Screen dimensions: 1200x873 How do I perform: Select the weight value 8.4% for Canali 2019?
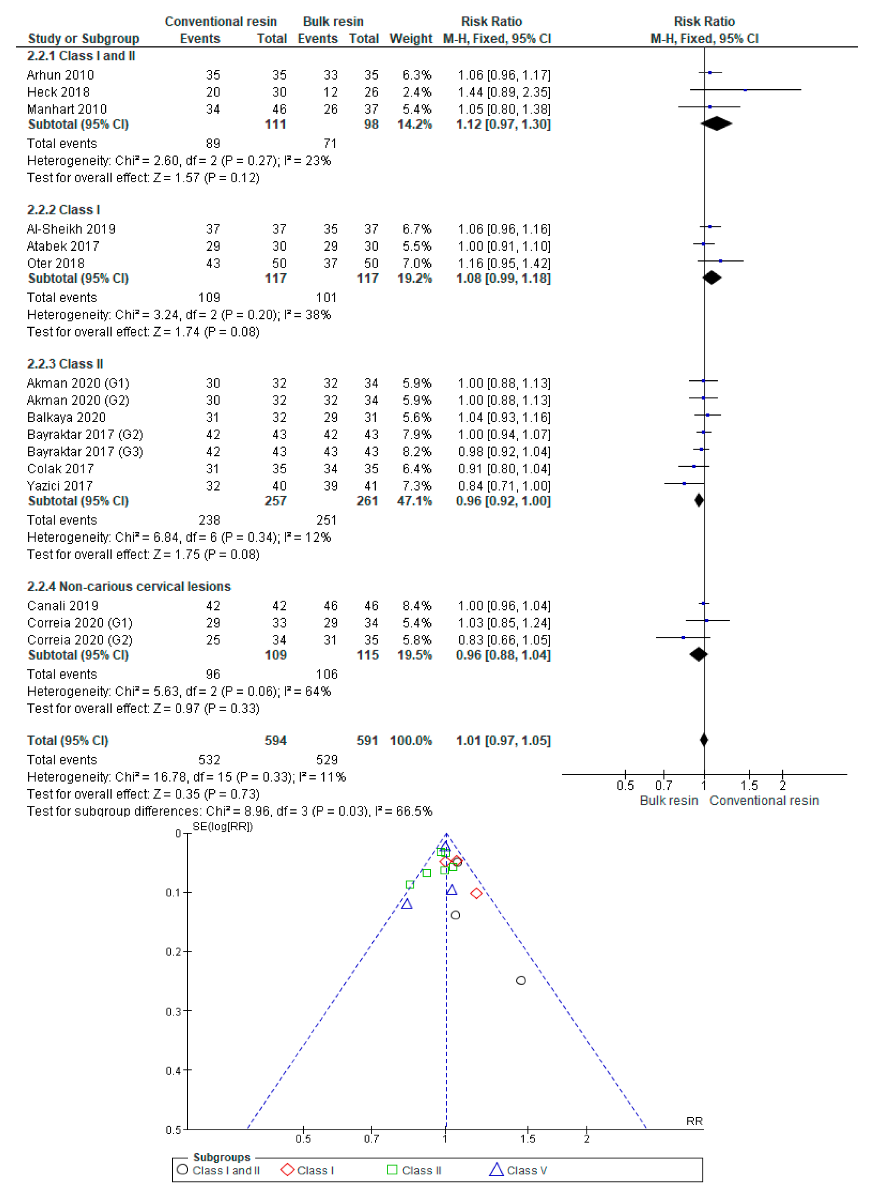tap(417, 606)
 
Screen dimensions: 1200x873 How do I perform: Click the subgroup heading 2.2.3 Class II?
tap(65, 364)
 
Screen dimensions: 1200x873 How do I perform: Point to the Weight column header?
tap(411, 39)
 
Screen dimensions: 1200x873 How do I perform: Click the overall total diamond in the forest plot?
tap(704, 740)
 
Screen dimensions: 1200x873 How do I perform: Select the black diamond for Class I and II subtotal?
tap(716, 124)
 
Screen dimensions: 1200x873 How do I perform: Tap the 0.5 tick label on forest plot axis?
tap(625, 786)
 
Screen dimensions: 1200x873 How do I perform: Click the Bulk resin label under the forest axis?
tap(669, 801)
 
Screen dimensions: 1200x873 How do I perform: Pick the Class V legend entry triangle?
tap(496, 1170)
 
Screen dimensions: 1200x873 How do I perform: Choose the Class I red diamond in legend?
tap(288, 1170)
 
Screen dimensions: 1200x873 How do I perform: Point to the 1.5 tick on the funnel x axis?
tap(528, 1139)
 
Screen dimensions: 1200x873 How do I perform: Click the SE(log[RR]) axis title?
tap(222, 826)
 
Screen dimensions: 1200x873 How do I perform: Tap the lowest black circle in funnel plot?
tap(521, 980)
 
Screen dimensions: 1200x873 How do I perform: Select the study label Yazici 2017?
tap(60, 486)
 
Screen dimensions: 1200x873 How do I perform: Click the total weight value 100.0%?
tap(411, 741)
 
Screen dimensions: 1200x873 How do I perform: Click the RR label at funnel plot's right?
tap(694, 1121)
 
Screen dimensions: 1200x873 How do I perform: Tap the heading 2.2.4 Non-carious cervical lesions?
tap(129, 587)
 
